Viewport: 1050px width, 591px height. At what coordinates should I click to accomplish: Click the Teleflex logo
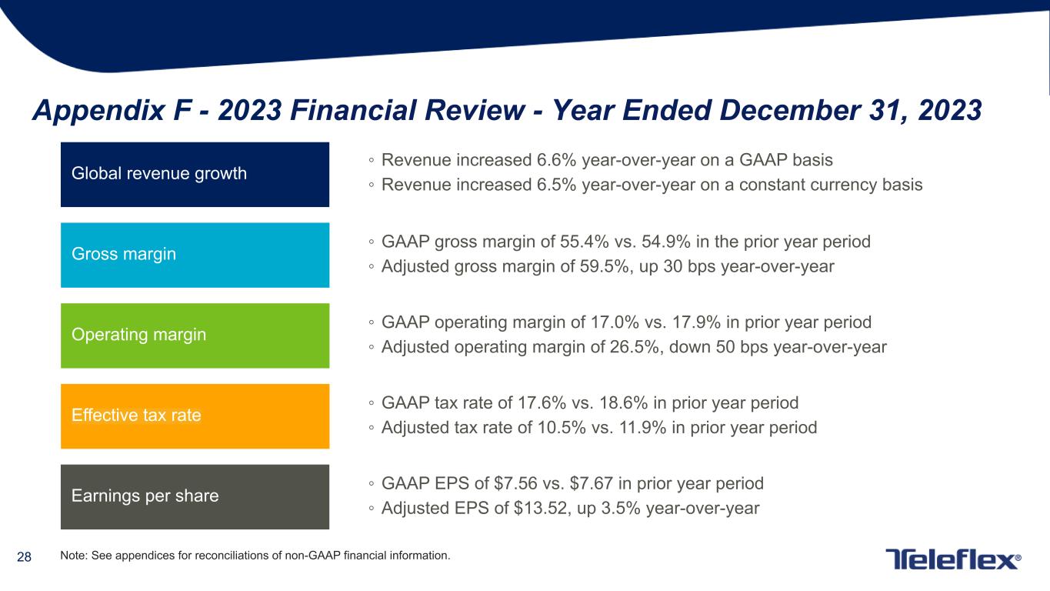[954, 559]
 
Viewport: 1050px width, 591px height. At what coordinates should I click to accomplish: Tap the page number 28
[24, 556]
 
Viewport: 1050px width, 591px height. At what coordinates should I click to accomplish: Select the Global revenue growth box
[195, 174]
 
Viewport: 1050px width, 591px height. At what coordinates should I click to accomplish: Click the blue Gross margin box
[195, 255]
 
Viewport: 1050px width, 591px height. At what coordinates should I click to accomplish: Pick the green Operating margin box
[195, 336]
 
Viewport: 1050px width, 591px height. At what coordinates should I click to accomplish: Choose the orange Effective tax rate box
[195, 416]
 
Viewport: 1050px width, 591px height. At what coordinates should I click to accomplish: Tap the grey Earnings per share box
[195, 496]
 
